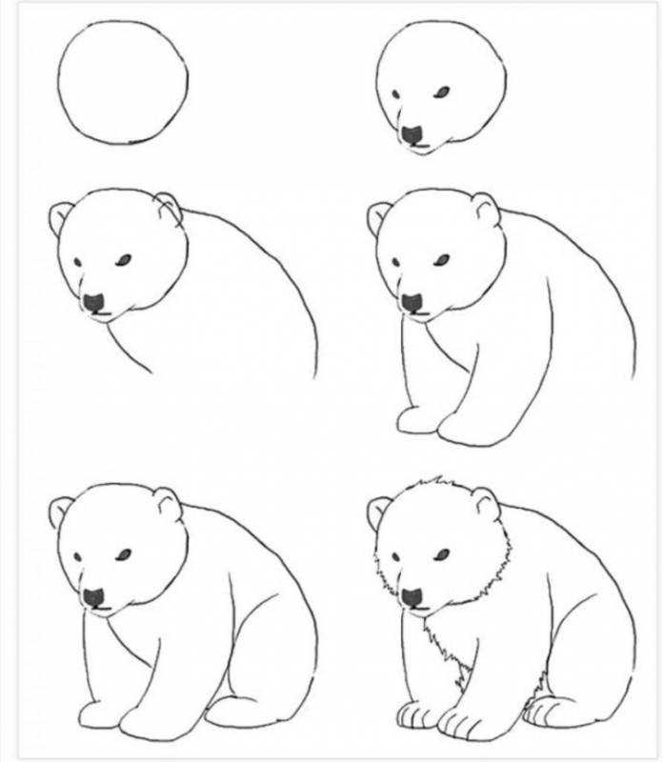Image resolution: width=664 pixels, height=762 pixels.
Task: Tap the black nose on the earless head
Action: pyautogui.click(x=412, y=135)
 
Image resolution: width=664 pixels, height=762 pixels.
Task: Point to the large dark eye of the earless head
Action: pyautogui.click(x=442, y=91)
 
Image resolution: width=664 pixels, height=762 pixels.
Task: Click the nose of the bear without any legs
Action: pyautogui.click(x=93, y=302)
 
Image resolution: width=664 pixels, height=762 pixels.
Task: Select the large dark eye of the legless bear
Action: pyautogui.click(x=123, y=258)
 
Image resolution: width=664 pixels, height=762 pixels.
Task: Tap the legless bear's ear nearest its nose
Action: pyautogui.click(x=61, y=218)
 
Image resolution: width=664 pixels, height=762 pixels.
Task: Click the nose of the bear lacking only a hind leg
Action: pyautogui.click(x=412, y=302)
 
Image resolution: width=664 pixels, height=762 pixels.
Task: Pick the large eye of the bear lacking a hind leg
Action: pyautogui.click(x=441, y=258)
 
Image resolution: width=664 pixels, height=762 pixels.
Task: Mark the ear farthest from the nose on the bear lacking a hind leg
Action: pyautogui.click(x=486, y=209)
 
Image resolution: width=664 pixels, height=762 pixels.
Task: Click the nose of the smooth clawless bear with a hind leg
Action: pyautogui.click(x=93, y=597)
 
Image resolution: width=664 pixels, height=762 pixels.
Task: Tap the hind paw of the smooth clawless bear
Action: pyautogui.click(x=238, y=710)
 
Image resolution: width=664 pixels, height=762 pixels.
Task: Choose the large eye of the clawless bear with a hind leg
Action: pyautogui.click(x=123, y=553)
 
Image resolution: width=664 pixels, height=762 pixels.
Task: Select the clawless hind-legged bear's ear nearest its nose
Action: pyautogui.click(x=61, y=512)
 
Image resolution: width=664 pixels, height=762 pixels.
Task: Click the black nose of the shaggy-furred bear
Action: pyautogui.click(x=412, y=597)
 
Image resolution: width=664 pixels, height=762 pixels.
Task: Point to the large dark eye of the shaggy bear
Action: pyautogui.click(x=441, y=553)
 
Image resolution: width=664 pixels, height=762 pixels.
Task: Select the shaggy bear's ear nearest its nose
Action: pyautogui.click(x=379, y=512)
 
